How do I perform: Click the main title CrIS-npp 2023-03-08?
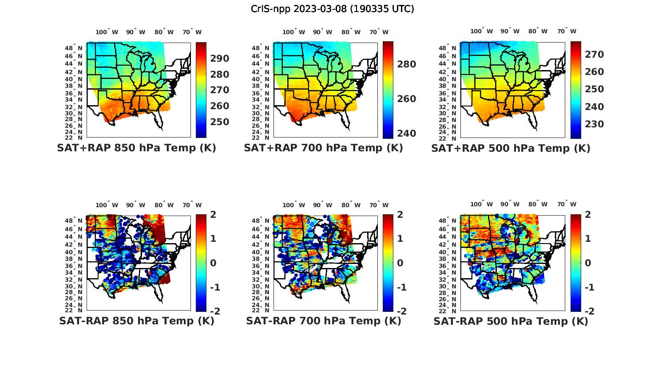[332, 9]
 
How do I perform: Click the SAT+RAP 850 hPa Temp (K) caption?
[136, 148]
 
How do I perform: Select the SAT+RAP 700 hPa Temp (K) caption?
[323, 148]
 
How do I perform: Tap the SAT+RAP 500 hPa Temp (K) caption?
[511, 148]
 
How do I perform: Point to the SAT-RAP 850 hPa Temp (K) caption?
[136, 321]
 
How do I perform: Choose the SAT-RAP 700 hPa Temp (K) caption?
[323, 321]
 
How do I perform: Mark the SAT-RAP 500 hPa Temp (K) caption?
[511, 321]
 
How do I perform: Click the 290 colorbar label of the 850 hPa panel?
[220, 59]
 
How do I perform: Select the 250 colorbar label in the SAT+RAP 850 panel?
[220, 122]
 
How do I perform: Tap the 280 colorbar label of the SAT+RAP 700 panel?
[406, 64]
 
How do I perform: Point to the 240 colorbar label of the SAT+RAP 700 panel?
[406, 134]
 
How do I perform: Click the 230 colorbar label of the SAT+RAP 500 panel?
[594, 124]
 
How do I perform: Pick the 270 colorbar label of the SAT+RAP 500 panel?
[594, 55]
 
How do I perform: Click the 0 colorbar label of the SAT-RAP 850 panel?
[213, 263]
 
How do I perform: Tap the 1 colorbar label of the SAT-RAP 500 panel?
[588, 239]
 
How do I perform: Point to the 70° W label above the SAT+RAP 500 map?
[567, 31]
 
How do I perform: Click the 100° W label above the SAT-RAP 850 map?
[107, 205]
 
